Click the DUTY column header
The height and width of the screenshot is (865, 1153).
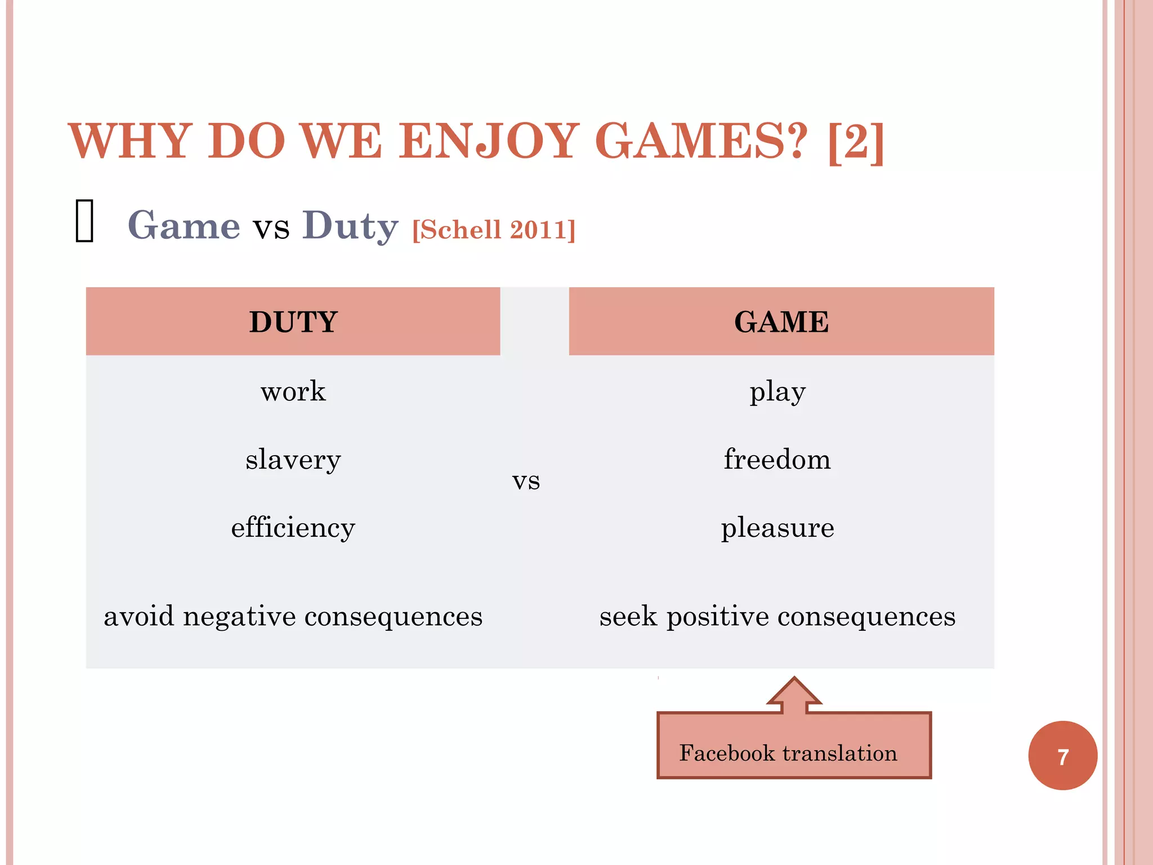293,322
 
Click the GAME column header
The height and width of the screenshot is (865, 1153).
781,322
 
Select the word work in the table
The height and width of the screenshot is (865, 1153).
293,391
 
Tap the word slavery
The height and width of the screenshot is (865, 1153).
293,460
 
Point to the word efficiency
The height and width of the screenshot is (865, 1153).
293,528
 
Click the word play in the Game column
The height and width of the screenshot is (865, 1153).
777,393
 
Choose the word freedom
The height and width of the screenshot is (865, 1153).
777,459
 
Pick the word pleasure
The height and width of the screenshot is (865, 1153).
777,528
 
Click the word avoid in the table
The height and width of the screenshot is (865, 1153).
138,616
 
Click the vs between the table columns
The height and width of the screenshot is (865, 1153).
526,481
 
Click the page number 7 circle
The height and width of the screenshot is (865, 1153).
1062,756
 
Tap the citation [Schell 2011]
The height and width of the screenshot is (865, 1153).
494,230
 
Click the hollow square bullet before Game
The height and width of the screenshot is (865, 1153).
84,221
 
